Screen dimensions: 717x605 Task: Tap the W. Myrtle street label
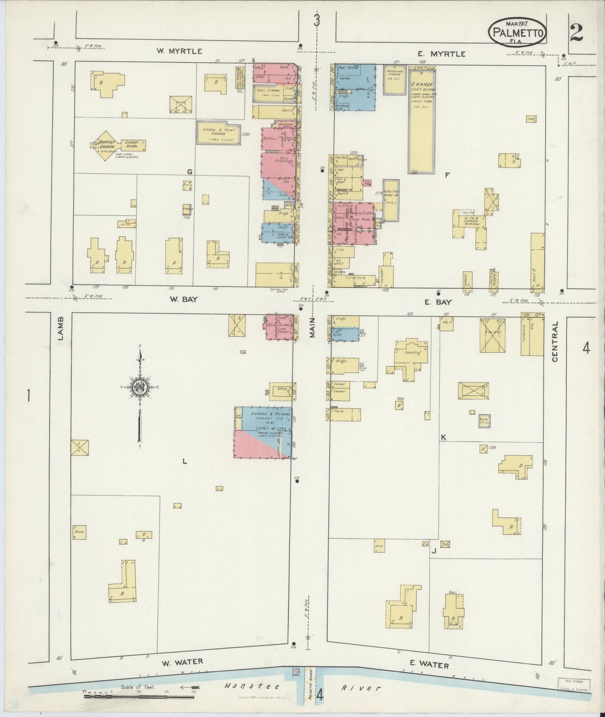click(x=179, y=51)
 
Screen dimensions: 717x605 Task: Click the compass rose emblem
click(x=139, y=387)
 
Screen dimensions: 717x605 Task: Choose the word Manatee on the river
click(x=242, y=686)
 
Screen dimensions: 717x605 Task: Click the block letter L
click(x=184, y=461)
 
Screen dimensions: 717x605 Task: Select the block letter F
click(x=447, y=176)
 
